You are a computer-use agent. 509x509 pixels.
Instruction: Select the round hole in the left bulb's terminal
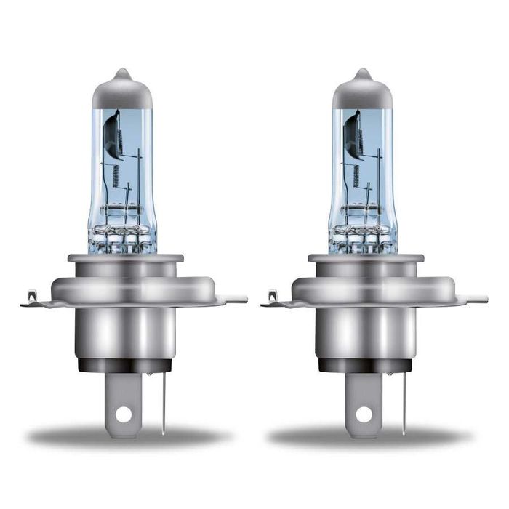click(124, 414)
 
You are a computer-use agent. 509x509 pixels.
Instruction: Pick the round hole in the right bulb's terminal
click(364, 414)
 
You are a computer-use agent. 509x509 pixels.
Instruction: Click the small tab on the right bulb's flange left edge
click(272, 297)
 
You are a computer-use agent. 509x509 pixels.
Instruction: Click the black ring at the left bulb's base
click(124, 366)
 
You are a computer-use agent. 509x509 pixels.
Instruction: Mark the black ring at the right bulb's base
click(364, 366)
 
